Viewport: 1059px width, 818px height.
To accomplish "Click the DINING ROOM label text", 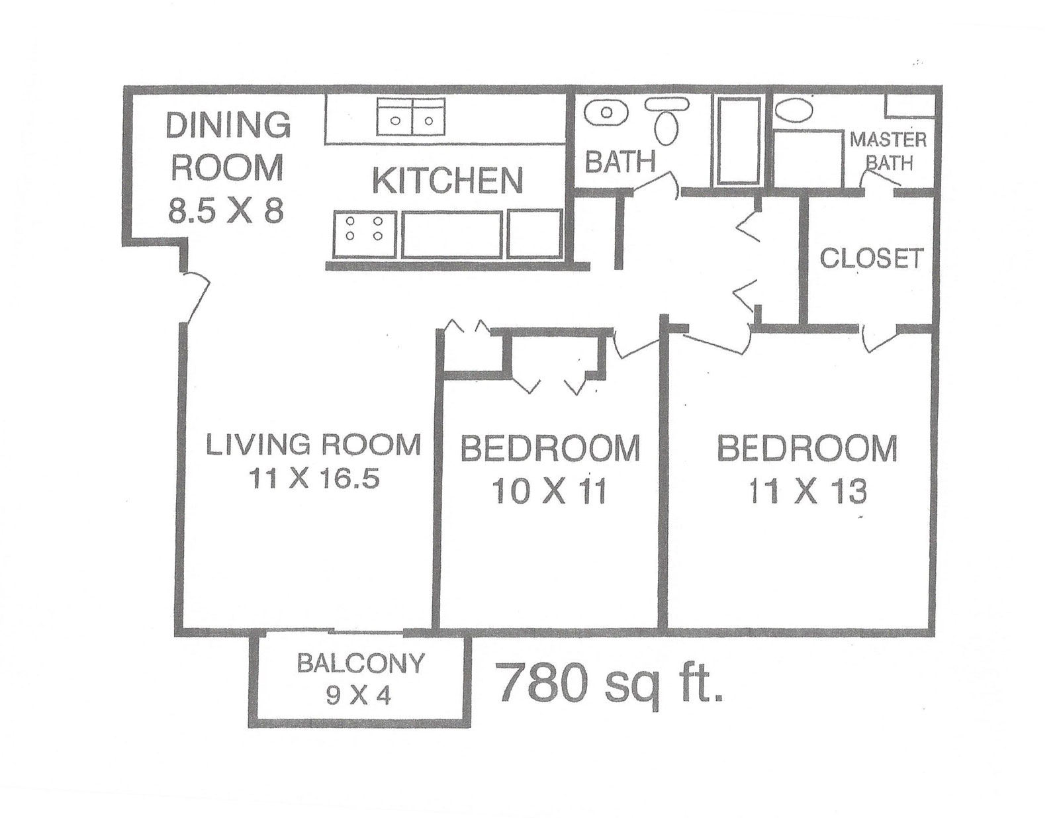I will (228, 146).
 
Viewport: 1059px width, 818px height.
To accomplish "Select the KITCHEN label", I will (447, 180).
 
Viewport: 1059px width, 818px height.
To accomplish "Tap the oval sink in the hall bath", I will (606, 113).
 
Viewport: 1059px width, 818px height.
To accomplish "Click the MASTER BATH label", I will (888, 150).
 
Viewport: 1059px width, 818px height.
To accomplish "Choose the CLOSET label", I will (871, 258).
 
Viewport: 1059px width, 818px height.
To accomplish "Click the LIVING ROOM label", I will (313, 444).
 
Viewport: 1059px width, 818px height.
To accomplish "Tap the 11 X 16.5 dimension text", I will (314, 477).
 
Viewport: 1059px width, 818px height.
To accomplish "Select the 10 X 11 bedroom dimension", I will (549, 492).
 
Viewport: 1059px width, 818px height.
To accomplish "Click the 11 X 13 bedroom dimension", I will (807, 492).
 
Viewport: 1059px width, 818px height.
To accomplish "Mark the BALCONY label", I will (360, 662).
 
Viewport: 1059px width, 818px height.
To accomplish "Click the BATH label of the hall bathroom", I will (620, 161).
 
